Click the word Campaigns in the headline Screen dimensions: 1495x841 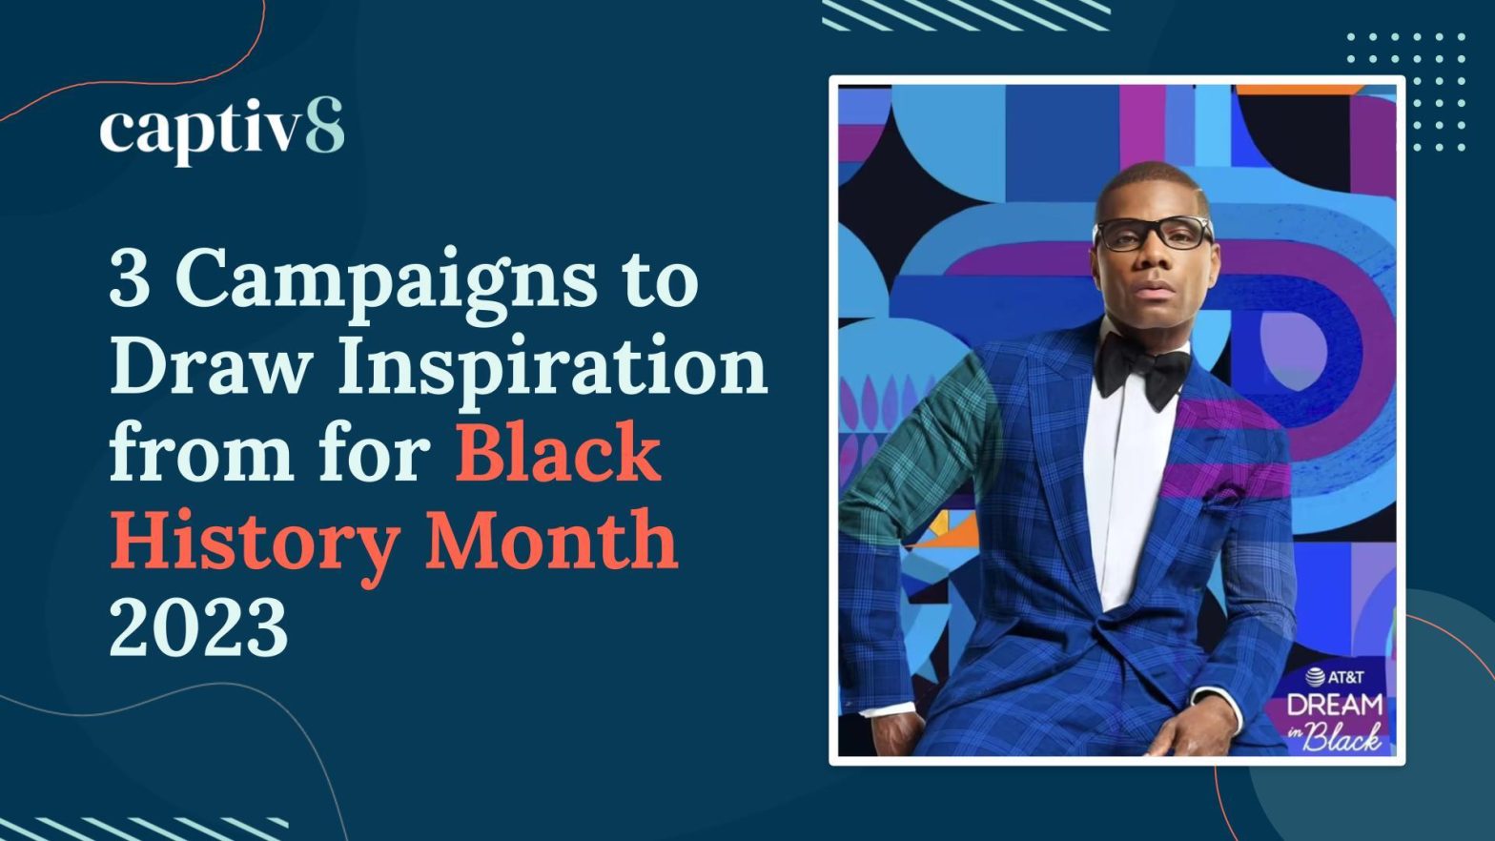tap(386, 284)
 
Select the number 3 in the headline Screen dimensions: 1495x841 tap(130, 277)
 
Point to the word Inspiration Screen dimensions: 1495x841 tap(553, 370)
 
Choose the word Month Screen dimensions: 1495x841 tap(551, 537)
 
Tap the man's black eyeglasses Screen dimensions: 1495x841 tap(1153, 234)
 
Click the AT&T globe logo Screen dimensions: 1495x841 tap(1315, 677)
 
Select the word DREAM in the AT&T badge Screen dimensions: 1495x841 tap(1335, 705)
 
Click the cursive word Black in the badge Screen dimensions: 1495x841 tap(1341, 738)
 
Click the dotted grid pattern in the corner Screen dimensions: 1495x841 tap(1406, 92)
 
